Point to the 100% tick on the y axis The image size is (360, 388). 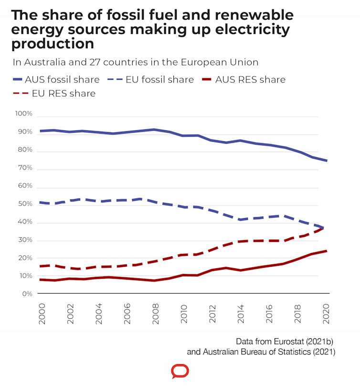point(23,114)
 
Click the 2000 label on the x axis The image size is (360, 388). point(42,314)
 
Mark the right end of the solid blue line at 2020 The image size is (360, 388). point(327,161)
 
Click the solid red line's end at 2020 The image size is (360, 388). point(327,251)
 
